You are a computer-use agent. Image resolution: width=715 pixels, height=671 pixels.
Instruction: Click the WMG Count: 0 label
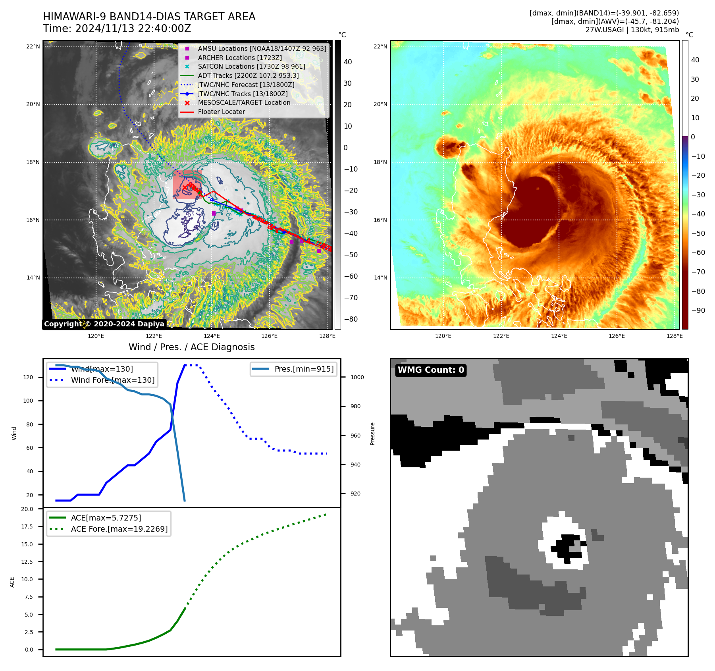tap(431, 370)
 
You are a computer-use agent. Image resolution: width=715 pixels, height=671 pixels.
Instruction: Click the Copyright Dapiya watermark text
tap(104, 324)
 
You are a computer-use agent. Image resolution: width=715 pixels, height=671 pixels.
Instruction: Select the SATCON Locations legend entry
tap(251, 66)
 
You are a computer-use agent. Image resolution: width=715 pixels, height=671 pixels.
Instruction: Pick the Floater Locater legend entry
tap(221, 112)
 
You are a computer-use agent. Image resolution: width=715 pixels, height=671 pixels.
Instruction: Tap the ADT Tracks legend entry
tap(248, 75)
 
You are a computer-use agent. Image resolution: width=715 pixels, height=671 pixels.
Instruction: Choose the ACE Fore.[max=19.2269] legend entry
tap(119, 529)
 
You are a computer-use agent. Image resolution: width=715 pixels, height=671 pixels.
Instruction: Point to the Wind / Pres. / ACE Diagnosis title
tap(191, 347)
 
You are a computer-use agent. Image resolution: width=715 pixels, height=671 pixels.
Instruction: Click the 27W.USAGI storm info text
tap(632, 30)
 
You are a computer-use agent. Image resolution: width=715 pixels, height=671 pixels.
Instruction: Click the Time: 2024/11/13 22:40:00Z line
tap(117, 29)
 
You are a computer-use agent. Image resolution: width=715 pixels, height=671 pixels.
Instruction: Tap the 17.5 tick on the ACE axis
tap(27, 526)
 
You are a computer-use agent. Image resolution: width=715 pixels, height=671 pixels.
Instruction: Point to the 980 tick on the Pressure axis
tap(356, 406)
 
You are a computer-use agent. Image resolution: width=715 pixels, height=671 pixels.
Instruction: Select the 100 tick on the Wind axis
tap(28, 401)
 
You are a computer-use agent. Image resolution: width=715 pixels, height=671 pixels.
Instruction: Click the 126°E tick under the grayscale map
tap(269, 336)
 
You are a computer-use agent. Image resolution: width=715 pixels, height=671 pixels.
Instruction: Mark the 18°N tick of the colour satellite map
tap(380, 162)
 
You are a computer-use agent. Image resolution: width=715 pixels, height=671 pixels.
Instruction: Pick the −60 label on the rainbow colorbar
tap(698, 253)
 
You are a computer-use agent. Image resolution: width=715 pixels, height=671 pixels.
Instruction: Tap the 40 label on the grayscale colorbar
tap(348, 62)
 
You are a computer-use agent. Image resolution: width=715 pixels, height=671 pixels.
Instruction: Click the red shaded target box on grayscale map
tap(187, 185)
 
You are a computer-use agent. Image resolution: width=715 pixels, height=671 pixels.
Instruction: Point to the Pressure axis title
tap(372, 434)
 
